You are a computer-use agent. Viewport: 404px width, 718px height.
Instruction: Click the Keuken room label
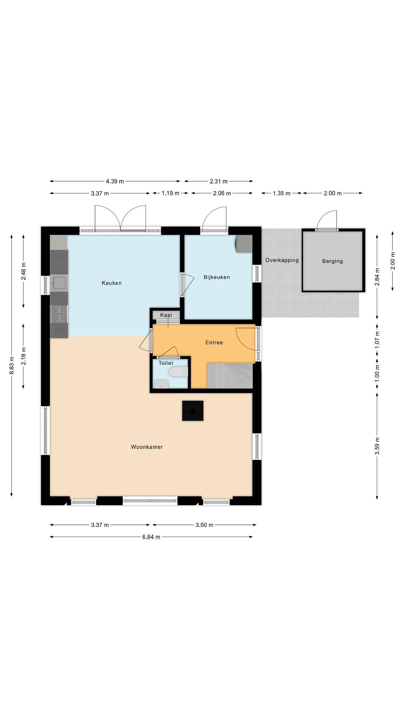(112, 283)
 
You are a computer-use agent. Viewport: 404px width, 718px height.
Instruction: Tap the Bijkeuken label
(217, 277)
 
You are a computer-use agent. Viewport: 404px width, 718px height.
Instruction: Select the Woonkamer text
(147, 447)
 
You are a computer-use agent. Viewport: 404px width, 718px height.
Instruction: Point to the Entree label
(214, 343)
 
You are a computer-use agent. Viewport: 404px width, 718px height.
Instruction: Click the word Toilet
(166, 363)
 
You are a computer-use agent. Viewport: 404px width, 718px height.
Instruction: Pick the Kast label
(166, 315)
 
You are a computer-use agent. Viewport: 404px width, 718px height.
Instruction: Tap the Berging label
(332, 261)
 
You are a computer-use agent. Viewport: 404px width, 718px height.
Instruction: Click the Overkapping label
(282, 260)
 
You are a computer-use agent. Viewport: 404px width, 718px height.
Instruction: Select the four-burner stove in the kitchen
(59, 314)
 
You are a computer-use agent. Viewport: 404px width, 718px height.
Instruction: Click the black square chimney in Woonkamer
(193, 411)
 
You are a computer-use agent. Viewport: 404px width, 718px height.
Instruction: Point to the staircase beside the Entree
(230, 376)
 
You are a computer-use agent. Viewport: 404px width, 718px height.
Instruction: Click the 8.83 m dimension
(12, 365)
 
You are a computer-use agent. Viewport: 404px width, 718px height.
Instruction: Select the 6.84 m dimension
(151, 537)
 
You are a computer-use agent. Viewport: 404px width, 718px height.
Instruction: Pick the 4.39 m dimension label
(115, 181)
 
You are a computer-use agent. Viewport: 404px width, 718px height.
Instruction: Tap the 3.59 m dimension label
(377, 446)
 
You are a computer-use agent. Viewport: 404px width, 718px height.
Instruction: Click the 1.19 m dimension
(170, 193)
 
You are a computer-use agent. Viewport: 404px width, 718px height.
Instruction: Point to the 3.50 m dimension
(204, 525)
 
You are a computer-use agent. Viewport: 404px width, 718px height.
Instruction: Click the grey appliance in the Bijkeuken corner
(244, 244)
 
